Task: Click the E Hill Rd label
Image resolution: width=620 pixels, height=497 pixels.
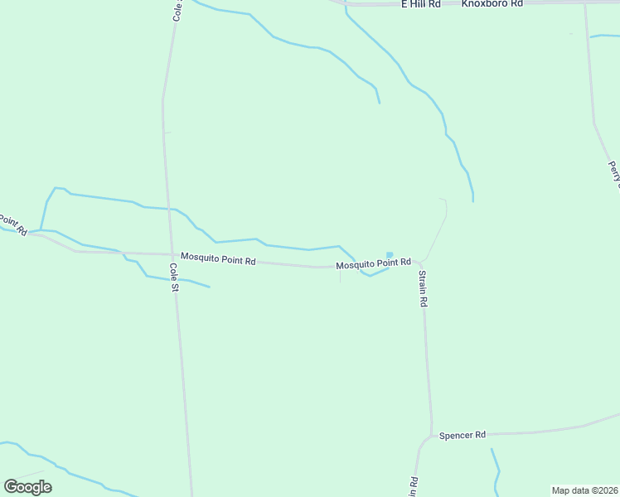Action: pyautogui.click(x=420, y=4)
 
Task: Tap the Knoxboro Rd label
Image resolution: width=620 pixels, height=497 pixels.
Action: pyautogui.click(x=492, y=4)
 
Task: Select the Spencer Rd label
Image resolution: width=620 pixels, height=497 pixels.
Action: pyautogui.click(x=462, y=435)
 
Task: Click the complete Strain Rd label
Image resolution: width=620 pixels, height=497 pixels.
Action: pyautogui.click(x=422, y=289)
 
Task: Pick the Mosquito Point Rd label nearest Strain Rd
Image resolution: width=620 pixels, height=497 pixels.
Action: pyautogui.click(x=373, y=263)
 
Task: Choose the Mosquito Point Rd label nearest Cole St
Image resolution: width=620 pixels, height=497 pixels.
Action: pyautogui.click(x=218, y=258)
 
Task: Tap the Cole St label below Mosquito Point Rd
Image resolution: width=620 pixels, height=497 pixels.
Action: pyautogui.click(x=174, y=278)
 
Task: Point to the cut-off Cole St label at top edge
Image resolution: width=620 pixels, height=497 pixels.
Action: pyautogui.click(x=177, y=10)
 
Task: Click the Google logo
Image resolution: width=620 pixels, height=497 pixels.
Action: pyautogui.click(x=27, y=487)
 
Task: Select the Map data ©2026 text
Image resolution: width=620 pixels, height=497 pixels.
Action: pyautogui.click(x=584, y=490)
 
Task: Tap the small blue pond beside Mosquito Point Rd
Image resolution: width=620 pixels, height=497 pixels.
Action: pyautogui.click(x=390, y=255)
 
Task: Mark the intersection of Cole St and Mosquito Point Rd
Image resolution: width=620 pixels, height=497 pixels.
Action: pyautogui.click(x=172, y=254)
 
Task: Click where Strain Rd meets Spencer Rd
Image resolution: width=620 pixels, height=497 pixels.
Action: pyautogui.click(x=431, y=435)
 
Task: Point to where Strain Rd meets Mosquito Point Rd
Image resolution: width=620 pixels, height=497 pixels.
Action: pyautogui.click(x=419, y=263)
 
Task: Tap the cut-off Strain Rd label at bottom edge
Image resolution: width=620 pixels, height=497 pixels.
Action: pyautogui.click(x=412, y=487)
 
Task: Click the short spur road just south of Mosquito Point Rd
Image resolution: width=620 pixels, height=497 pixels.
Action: pyautogui.click(x=340, y=275)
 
